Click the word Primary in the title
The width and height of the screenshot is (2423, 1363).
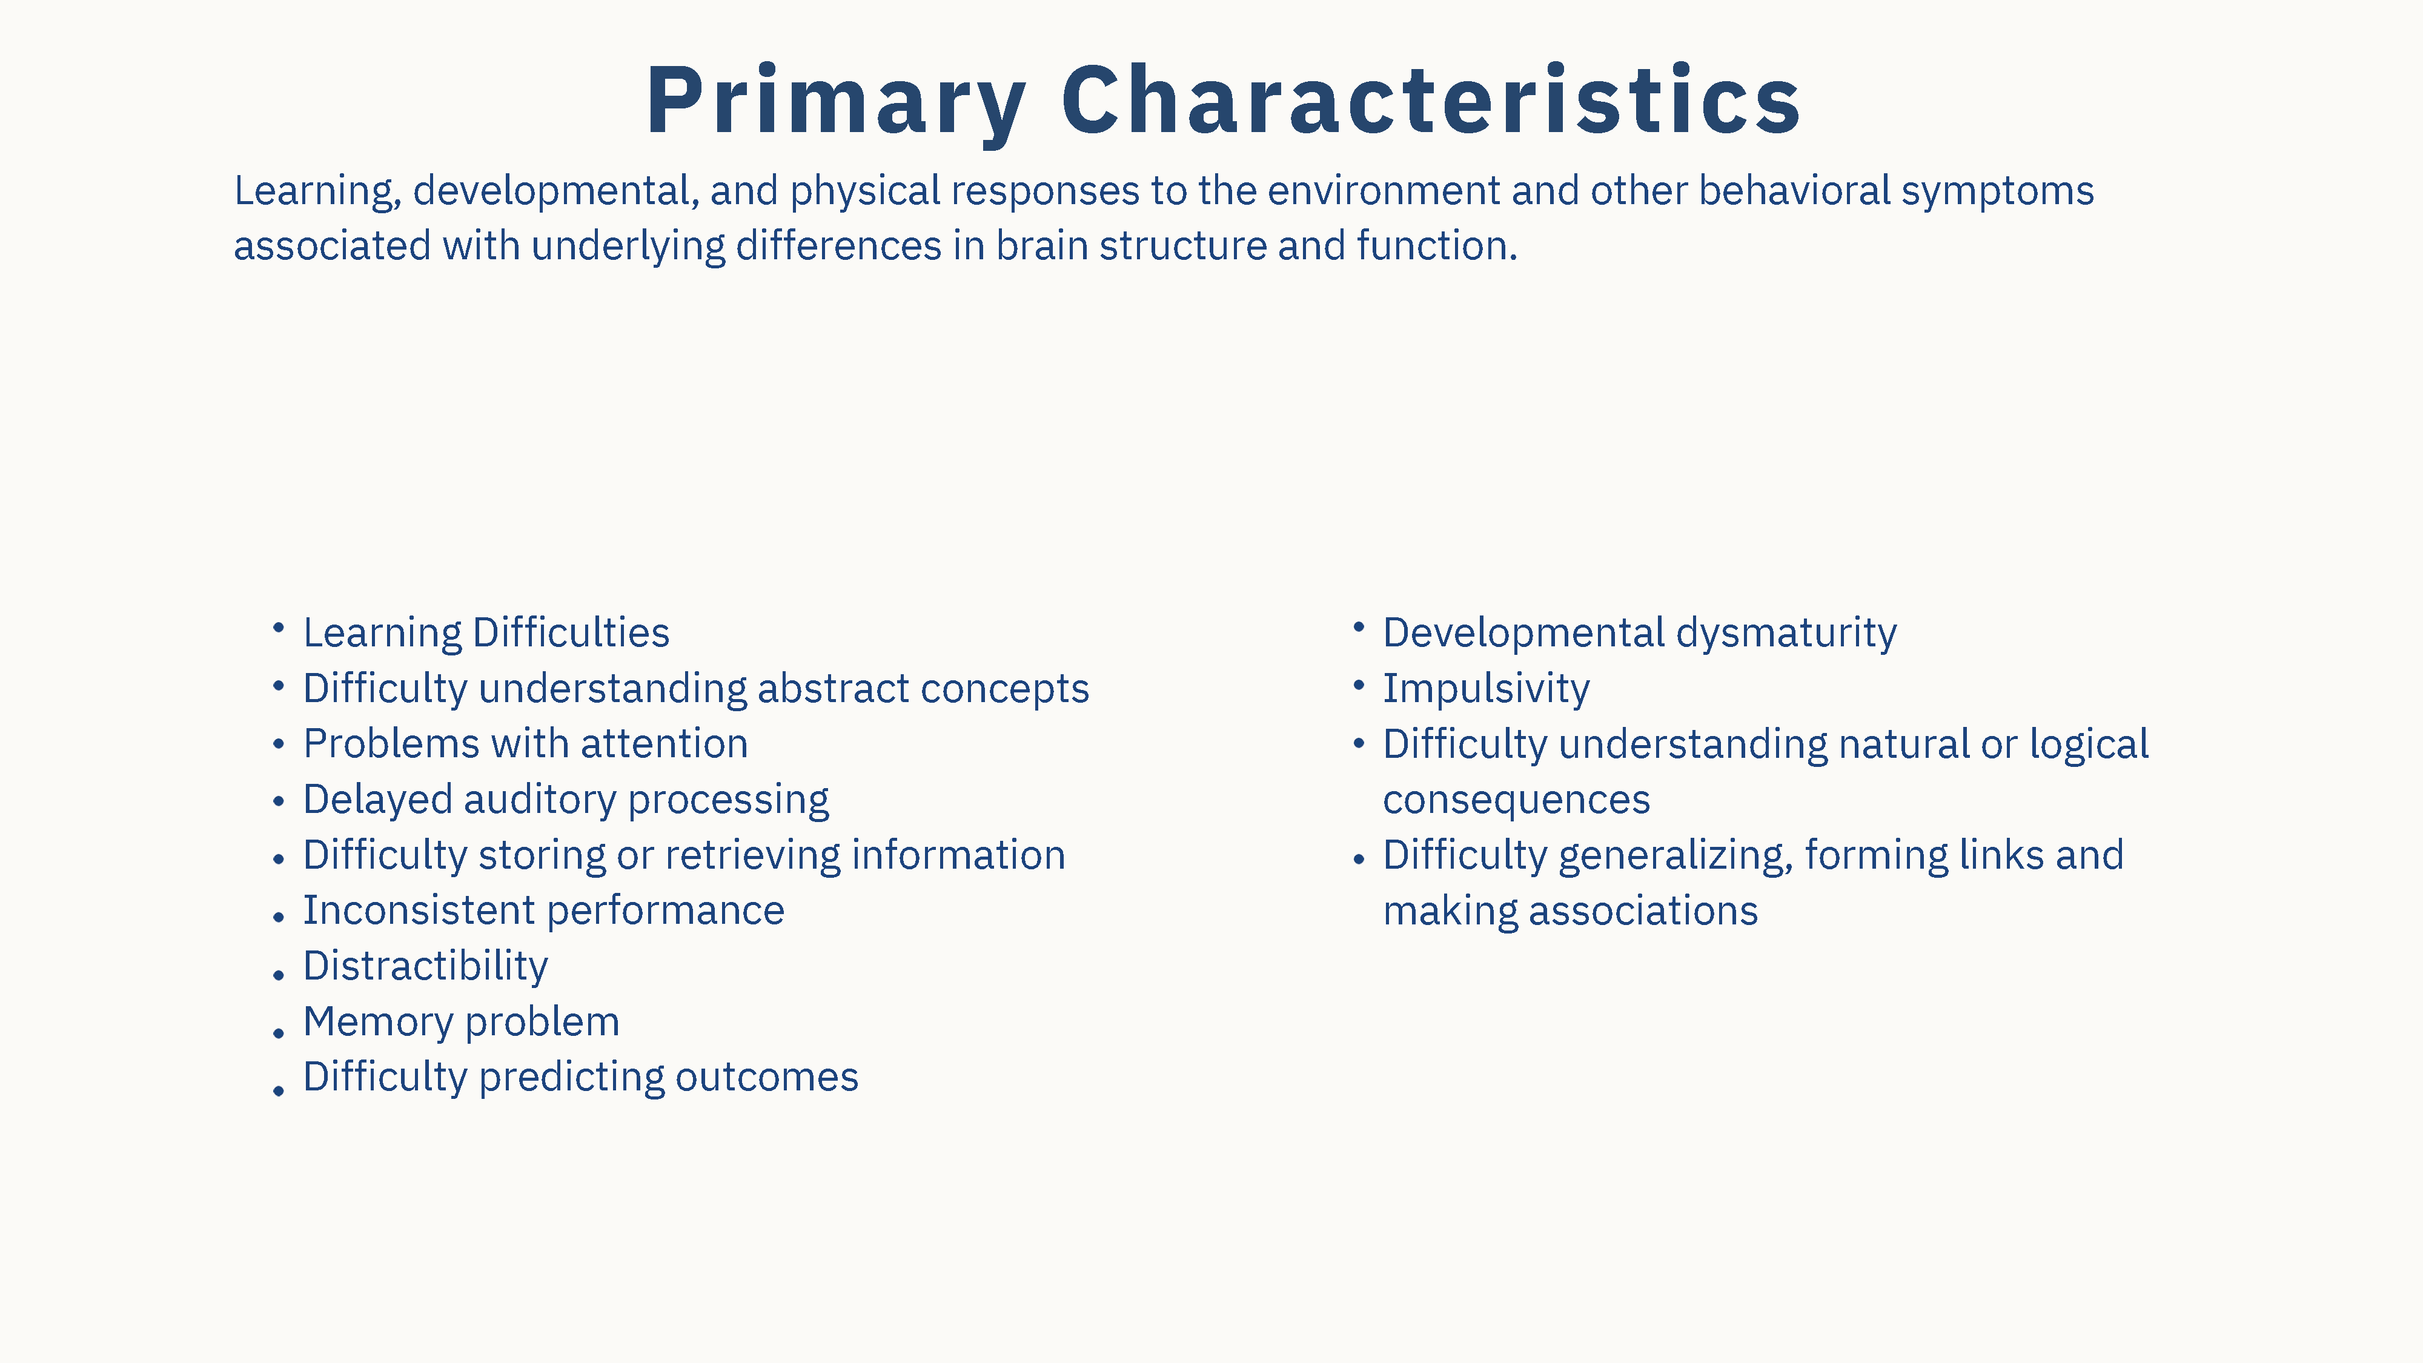point(836,102)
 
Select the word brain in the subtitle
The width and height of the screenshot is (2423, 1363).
point(1042,245)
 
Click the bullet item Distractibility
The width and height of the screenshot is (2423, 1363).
point(425,967)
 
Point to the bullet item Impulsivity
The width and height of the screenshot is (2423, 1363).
point(1486,689)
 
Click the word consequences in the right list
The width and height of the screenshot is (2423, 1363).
point(1516,800)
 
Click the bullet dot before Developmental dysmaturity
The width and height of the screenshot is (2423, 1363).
point(1358,626)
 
